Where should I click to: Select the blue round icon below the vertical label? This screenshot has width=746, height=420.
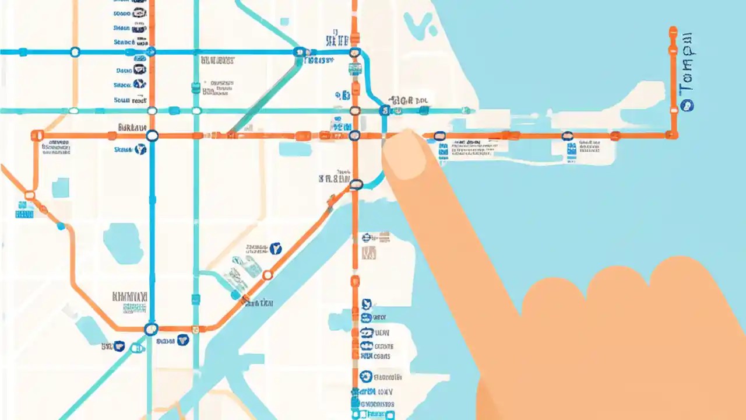[x=688, y=106]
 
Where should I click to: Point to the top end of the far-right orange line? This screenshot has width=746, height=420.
[x=673, y=29]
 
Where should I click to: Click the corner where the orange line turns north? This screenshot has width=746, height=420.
[x=673, y=135]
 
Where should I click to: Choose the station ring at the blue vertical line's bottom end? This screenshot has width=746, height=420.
[x=151, y=329]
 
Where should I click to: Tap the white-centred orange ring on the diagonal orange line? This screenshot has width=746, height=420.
[x=268, y=275]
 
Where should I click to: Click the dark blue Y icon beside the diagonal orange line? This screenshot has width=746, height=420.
[x=276, y=249]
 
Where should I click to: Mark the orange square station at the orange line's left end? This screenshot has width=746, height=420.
[x=37, y=136]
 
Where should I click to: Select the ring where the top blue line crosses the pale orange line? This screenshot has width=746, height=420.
[x=75, y=52]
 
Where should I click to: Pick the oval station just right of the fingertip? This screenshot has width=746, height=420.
[x=440, y=136]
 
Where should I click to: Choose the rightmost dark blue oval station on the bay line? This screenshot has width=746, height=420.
[x=567, y=136]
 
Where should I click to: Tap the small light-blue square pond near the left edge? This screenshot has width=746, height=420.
[x=60, y=188]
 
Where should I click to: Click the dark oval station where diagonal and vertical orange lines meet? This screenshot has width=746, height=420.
[x=356, y=185]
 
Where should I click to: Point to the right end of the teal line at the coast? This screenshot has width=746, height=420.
[x=466, y=110]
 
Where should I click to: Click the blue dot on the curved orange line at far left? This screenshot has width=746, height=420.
[x=61, y=226]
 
